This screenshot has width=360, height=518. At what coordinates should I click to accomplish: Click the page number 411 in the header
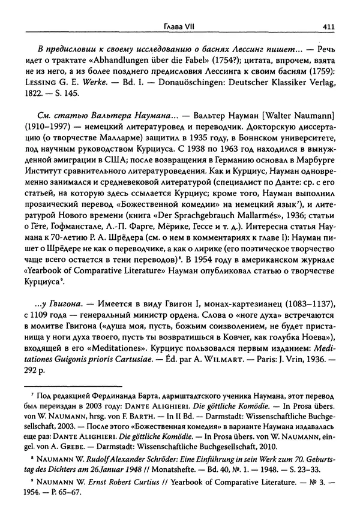[x=328, y=26]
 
